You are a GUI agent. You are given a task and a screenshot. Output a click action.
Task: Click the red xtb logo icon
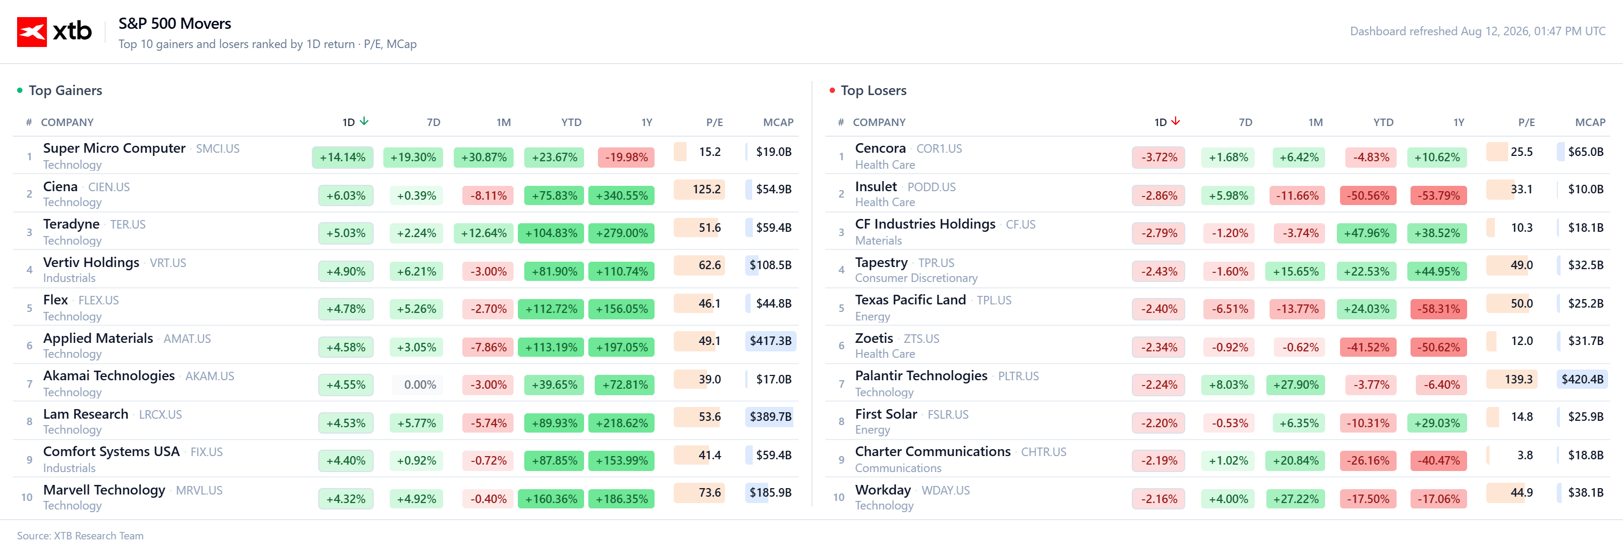click(31, 32)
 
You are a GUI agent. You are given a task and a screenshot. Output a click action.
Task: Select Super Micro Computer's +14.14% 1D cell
click(343, 157)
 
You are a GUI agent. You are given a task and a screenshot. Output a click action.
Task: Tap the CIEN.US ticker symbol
click(109, 187)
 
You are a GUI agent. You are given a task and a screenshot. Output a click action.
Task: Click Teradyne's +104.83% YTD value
click(551, 233)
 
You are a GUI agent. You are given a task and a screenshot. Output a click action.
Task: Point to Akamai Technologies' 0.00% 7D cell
click(420, 385)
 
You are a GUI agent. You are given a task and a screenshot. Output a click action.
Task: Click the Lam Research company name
click(85, 414)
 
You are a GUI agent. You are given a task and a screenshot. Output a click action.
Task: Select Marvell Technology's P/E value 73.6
click(710, 492)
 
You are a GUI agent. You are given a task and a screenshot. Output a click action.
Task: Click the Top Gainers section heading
click(66, 90)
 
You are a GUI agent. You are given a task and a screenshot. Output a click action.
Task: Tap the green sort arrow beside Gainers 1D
click(364, 121)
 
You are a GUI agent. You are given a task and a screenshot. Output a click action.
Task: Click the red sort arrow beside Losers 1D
click(1176, 121)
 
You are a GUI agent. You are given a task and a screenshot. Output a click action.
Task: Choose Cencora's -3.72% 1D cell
click(1159, 157)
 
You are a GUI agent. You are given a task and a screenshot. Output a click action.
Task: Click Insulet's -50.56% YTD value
click(1368, 195)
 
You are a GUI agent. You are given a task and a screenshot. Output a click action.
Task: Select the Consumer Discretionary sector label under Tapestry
click(916, 278)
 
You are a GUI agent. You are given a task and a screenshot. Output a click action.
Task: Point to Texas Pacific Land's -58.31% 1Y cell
click(1438, 309)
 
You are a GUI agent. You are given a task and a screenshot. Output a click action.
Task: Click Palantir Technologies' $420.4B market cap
click(1582, 379)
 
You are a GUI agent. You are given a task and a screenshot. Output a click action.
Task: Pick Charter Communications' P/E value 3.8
click(1525, 455)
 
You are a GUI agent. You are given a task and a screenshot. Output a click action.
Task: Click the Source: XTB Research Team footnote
click(80, 536)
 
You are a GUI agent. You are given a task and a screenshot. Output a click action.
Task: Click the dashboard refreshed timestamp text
click(1477, 32)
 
